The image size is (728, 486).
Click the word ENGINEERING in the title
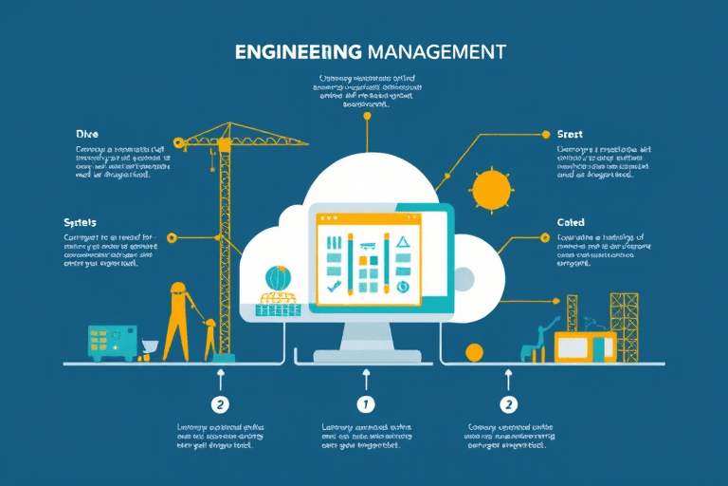297,51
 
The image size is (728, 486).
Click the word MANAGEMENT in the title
434,51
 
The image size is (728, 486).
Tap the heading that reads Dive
87,134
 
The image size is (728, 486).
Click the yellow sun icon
492,190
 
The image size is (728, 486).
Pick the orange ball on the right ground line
475,354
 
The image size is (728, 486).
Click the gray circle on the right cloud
464,277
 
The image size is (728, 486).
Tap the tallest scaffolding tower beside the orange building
626,323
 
